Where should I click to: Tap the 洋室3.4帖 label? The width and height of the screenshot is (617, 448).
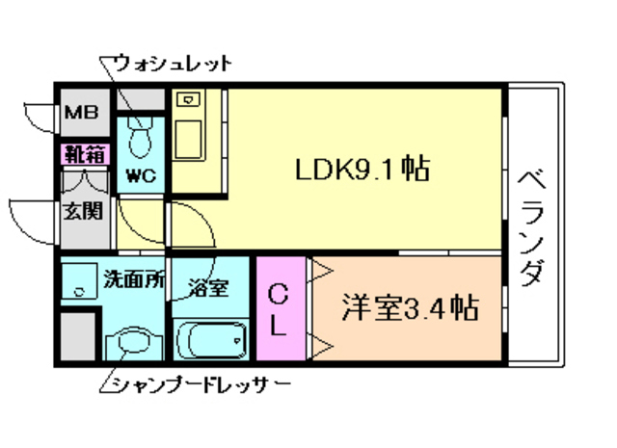pyautogui.click(x=411, y=310)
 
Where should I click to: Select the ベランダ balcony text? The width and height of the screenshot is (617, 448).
pyautogui.click(x=531, y=227)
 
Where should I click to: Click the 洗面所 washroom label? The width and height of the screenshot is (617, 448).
pyautogui.click(x=133, y=282)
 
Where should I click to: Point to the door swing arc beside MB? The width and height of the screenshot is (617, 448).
pyautogui.click(x=39, y=114)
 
